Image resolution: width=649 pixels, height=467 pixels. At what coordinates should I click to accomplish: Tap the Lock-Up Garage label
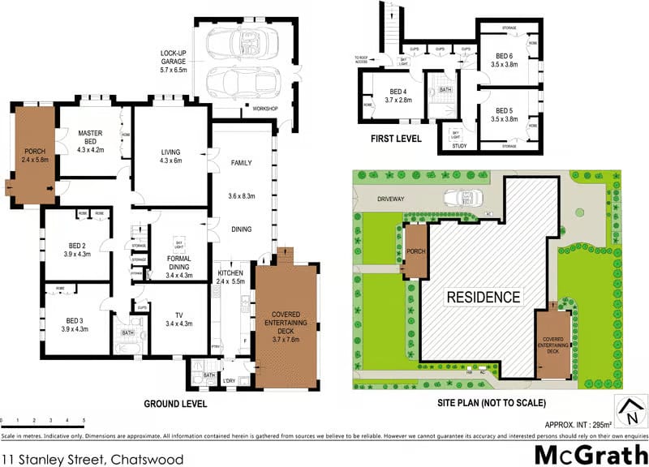[174, 60]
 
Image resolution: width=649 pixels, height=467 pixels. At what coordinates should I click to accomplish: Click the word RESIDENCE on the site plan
[484, 297]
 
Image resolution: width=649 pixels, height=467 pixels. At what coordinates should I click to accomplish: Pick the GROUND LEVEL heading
[175, 403]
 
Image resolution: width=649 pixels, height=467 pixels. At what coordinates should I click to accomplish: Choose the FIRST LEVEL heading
[396, 139]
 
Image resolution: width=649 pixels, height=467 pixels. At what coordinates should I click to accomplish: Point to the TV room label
[178, 319]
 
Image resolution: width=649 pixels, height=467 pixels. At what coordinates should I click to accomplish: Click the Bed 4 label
[397, 96]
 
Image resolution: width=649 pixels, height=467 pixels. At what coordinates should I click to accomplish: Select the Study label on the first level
[459, 146]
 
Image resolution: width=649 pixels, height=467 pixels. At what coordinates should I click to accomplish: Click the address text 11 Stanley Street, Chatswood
[92, 458]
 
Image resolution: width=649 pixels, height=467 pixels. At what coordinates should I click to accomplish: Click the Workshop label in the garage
[265, 108]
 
